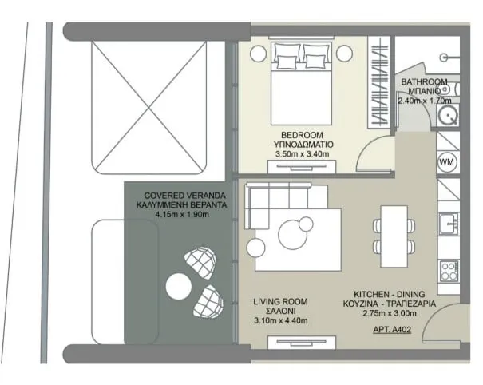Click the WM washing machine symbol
pyautogui.click(x=447, y=162)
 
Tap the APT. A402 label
pyautogui.click(x=392, y=330)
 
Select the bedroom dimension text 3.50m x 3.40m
pyautogui.click(x=303, y=154)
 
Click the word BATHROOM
pyautogui.click(x=424, y=82)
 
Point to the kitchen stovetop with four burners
pyautogui.click(x=449, y=271)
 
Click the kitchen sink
pyautogui.click(x=449, y=224)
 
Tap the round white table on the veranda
pyautogui.click(x=178, y=287)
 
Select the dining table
pyautogui.click(x=394, y=236)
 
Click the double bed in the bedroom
pyautogui.click(x=301, y=83)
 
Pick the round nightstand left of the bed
pyautogui.click(x=258, y=54)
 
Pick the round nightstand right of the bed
pyautogui.click(x=344, y=54)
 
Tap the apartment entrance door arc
pyautogui.click(x=431, y=316)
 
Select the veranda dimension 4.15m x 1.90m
pyautogui.click(x=182, y=215)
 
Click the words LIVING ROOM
pyautogui.click(x=281, y=301)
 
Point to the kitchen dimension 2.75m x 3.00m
pyautogui.click(x=390, y=313)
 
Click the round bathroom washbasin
pyautogui.click(x=449, y=116)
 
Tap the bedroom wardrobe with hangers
pyautogui.click(x=379, y=82)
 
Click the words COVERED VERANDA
pyautogui.click(x=185, y=196)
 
